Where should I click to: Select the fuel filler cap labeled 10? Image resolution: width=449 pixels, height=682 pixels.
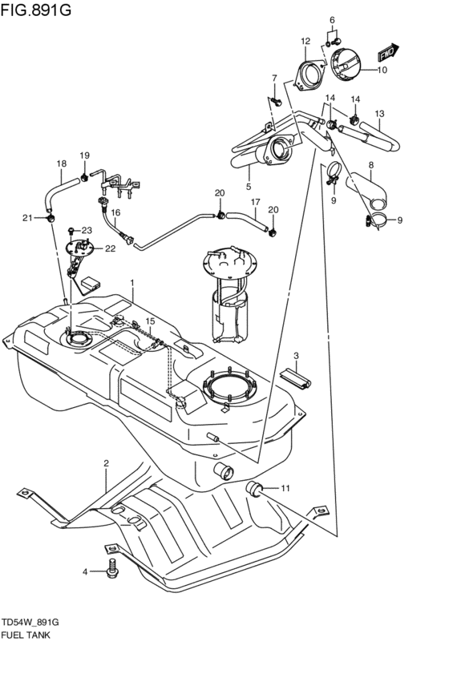click(x=346, y=66)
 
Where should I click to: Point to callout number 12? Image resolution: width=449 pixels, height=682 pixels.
click(x=305, y=40)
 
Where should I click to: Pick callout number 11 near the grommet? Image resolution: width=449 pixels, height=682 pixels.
click(x=284, y=487)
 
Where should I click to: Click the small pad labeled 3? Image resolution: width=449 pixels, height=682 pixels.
click(x=294, y=377)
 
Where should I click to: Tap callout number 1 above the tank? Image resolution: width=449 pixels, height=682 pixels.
click(x=132, y=284)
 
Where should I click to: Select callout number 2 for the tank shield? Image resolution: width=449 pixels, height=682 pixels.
click(x=105, y=463)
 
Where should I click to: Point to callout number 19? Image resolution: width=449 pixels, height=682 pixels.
click(x=84, y=155)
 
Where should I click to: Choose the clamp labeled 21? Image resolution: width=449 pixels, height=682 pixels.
click(x=51, y=217)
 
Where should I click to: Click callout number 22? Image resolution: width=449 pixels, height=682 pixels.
click(x=110, y=248)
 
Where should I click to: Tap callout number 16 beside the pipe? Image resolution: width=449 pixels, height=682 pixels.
click(x=115, y=213)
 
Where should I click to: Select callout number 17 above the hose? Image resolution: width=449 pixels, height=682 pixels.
click(x=254, y=202)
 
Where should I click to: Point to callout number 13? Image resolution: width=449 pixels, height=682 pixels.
click(x=379, y=114)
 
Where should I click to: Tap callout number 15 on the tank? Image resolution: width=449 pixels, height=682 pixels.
click(x=149, y=321)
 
